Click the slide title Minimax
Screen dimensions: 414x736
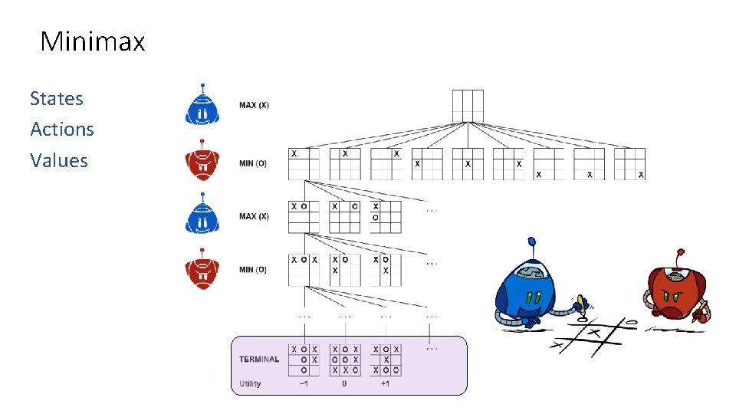(x=92, y=41)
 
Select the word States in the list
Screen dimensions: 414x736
(x=57, y=98)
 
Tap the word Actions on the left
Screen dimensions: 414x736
(x=62, y=129)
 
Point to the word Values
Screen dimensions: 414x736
(x=59, y=160)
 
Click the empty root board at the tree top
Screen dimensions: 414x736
(x=468, y=106)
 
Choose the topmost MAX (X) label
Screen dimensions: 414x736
(x=254, y=105)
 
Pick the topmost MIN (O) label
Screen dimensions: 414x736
(x=253, y=163)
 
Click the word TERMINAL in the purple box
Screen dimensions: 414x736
(x=259, y=359)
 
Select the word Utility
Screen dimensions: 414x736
(x=250, y=383)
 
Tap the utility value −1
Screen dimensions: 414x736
(x=304, y=383)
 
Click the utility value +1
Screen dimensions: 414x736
(x=385, y=383)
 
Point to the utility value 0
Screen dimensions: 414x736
(x=344, y=383)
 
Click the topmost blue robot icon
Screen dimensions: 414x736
(x=202, y=106)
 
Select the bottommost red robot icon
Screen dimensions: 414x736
(x=202, y=269)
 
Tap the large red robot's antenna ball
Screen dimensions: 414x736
(x=678, y=251)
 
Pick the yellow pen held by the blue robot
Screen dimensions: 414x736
(x=582, y=304)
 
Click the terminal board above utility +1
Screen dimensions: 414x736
(x=386, y=360)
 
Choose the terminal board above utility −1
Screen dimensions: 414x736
(x=304, y=360)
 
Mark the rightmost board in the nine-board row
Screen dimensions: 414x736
(x=629, y=164)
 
